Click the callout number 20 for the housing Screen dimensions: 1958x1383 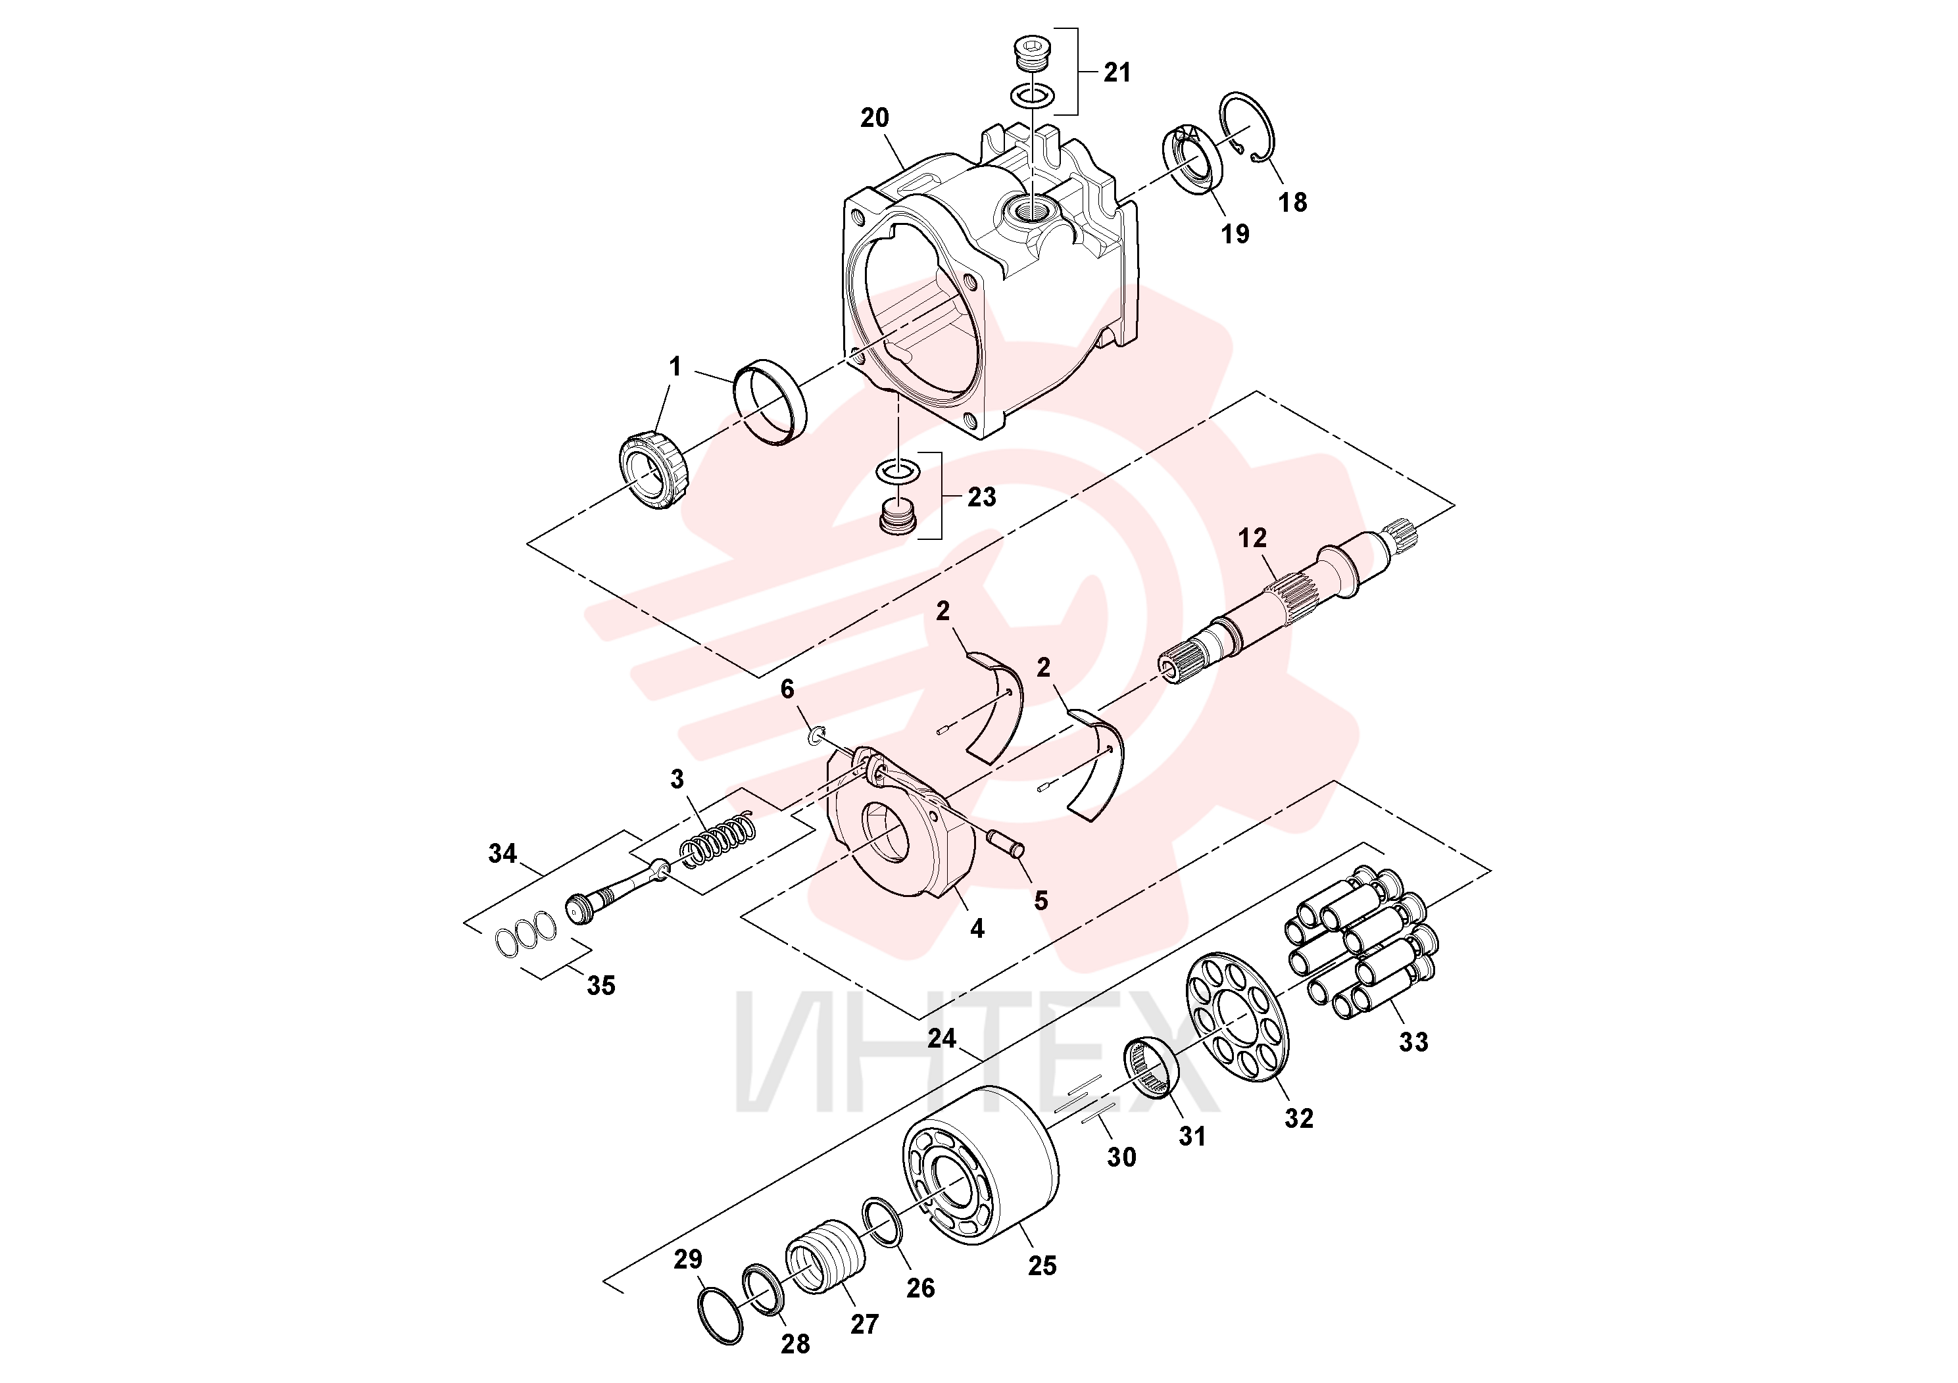pos(874,118)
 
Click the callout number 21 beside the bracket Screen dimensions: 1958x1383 pos(1117,72)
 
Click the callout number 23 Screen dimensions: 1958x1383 pos(981,497)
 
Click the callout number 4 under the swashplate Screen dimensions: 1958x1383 pos(977,929)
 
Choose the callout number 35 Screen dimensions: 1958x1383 pos(601,986)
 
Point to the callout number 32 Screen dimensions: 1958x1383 pos(1299,1118)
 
